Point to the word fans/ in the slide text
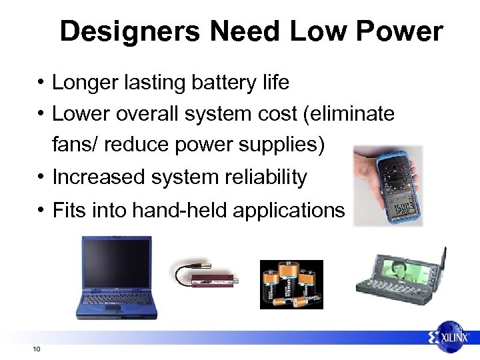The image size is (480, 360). click(75, 145)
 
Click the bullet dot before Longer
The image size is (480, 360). click(41, 83)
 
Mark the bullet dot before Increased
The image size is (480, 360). click(41, 177)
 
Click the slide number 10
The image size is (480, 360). click(36, 349)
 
